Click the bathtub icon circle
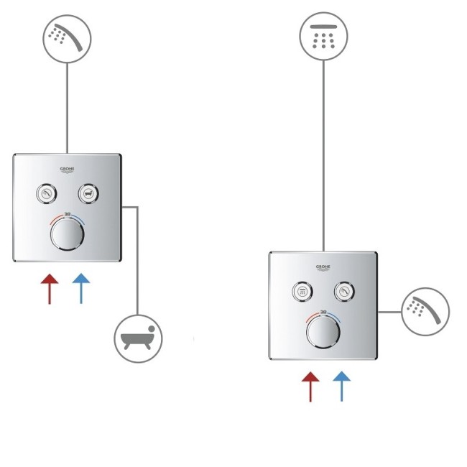[138, 337]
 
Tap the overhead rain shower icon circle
[323, 37]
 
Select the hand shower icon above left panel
[66, 38]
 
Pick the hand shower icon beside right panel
[425, 311]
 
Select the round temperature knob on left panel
[67, 234]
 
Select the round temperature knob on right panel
[323, 333]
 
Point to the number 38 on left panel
[67, 214]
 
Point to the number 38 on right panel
[323, 313]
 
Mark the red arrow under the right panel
[310, 386]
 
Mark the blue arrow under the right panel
[342, 386]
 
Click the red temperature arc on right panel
[312, 316]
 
